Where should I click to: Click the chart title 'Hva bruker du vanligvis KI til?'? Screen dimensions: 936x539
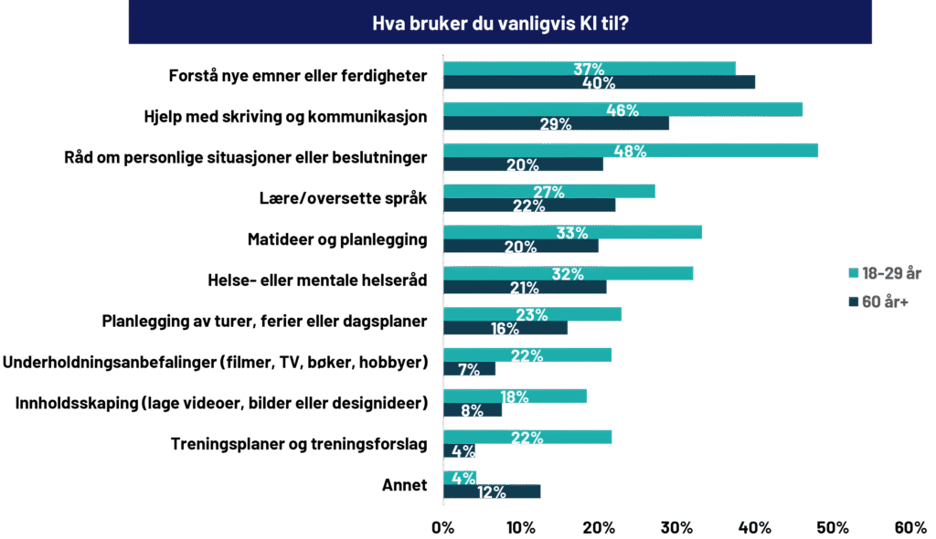(x=500, y=23)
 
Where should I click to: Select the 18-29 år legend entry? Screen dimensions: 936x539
(x=885, y=273)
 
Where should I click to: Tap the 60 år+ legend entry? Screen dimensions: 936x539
(x=878, y=302)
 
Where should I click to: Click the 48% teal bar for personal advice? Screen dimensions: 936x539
(x=631, y=151)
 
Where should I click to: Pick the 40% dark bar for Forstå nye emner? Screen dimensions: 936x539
(x=599, y=82)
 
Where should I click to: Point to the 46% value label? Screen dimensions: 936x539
(x=622, y=110)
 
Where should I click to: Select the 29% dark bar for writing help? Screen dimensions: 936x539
(x=556, y=123)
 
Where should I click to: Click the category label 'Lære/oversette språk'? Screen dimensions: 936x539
(x=344, y=198)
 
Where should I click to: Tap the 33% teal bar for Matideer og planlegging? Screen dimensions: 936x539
(x=572, y=232)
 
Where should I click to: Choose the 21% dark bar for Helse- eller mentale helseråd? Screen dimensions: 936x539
(x=525, y=287)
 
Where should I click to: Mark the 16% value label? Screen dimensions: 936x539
(x=505, y=328)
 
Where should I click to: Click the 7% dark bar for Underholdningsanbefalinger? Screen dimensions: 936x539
(x=469, y=369)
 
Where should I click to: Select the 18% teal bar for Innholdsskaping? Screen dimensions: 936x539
(x=515, y=396)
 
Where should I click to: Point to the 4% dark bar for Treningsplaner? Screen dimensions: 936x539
(x=459, y=450)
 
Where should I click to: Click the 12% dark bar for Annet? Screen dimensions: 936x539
(x=492, y=491)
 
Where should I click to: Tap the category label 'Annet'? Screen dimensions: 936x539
(x=405, y=485)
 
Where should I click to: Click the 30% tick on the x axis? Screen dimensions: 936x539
(x=677, y=528)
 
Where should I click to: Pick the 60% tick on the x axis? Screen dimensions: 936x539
(x=910, y=528)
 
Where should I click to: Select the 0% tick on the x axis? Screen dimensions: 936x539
(x=443, y=528)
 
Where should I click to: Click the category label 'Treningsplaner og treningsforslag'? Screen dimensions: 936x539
(x=299, y=444)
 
